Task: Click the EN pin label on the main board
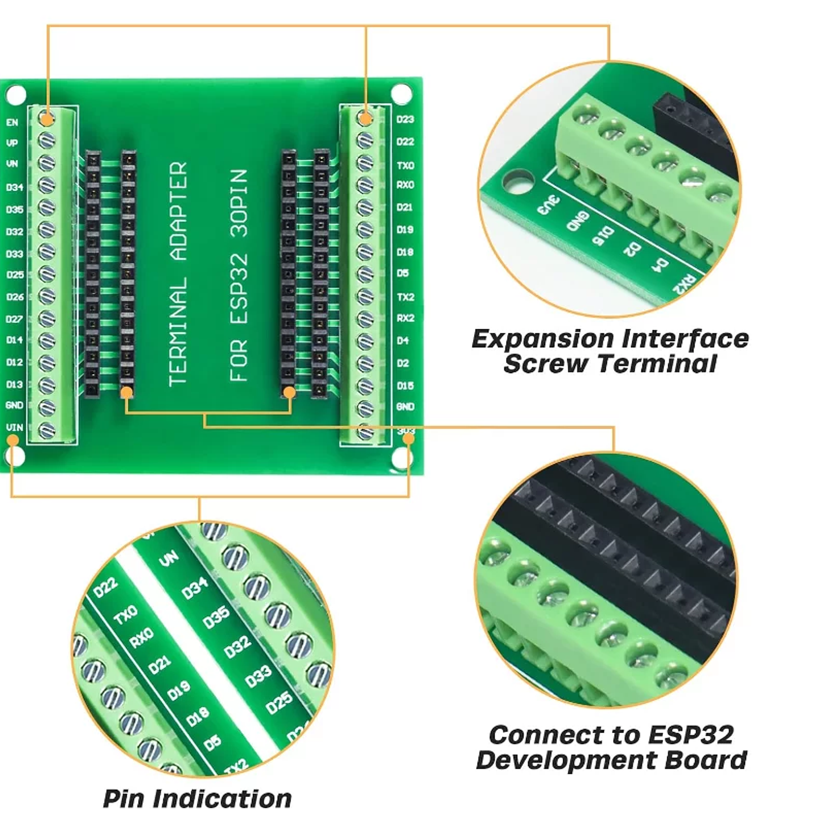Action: pos(12,122)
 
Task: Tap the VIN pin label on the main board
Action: pos(14,427)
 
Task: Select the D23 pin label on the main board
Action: pos(405,119)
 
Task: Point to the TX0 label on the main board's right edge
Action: pos(405,165)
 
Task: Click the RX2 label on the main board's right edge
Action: pos(405,318)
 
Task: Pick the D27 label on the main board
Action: pos(14,319)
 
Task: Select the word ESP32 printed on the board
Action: pos(239,288)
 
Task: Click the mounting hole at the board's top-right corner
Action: pos(401,93)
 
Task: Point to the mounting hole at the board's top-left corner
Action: pos(16,94)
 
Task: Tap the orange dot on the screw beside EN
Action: pos(47,118)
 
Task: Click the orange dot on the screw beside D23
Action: pos(366,118)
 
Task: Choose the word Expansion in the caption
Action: pos(542,339)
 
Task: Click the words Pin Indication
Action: pos(197,798)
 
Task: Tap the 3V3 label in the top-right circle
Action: pos(548,205)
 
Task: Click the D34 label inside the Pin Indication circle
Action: pos(195,589)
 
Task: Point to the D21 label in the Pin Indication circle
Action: pos(160,663)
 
